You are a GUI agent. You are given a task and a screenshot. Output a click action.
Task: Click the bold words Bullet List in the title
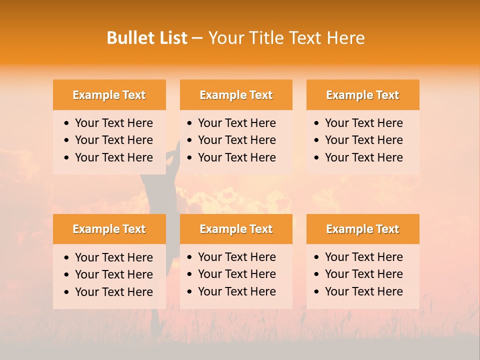coord(147,38)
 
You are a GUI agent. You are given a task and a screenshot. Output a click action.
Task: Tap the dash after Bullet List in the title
coord(197,38)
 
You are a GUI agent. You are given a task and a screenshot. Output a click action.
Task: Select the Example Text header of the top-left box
coord(109,95)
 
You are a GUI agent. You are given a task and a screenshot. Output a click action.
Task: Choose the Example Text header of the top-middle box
coord(236,95)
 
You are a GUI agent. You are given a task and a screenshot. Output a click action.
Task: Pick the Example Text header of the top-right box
coord(362,95)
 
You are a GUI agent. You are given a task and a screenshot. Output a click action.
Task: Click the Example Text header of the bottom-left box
coord(109,229)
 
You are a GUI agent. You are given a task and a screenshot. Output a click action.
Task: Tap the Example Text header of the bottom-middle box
coord(236,229)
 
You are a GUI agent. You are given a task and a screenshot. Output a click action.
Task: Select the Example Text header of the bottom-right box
coord(362,229)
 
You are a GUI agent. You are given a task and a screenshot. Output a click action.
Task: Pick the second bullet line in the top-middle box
coord(236,140)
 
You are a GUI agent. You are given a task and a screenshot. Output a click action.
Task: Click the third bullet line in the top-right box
coord(363,157)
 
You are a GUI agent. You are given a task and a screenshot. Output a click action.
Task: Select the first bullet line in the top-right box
coord(363,123)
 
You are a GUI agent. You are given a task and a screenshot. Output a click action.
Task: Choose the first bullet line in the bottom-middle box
coord(236,257)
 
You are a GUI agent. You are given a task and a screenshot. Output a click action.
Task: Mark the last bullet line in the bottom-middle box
coord(236,291)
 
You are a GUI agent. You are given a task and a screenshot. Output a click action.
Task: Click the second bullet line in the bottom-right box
coord(363,274)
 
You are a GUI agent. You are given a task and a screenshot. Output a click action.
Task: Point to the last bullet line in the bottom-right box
coord(363,291)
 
